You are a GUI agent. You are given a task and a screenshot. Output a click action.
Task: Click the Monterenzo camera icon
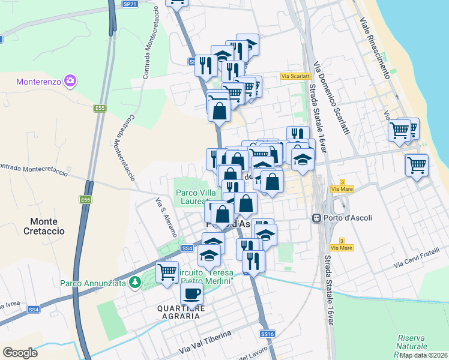[71, 80]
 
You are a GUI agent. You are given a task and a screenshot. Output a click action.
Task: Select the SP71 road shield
[130, 4]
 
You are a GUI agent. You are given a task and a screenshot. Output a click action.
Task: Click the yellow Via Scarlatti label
[295, 76]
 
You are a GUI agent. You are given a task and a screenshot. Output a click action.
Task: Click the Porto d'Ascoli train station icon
[316, 218]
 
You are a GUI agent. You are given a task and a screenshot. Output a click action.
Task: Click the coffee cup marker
[192, 294]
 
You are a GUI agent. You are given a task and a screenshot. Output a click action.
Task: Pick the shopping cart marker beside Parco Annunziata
[167, 271]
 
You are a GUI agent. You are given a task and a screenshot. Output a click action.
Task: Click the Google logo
[20, 353]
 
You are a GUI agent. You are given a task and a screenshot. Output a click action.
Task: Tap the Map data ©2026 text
[423, 355]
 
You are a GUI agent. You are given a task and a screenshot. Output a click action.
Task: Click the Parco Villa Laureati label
[196, 197]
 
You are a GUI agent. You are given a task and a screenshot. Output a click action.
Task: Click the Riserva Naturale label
[412, 342]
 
